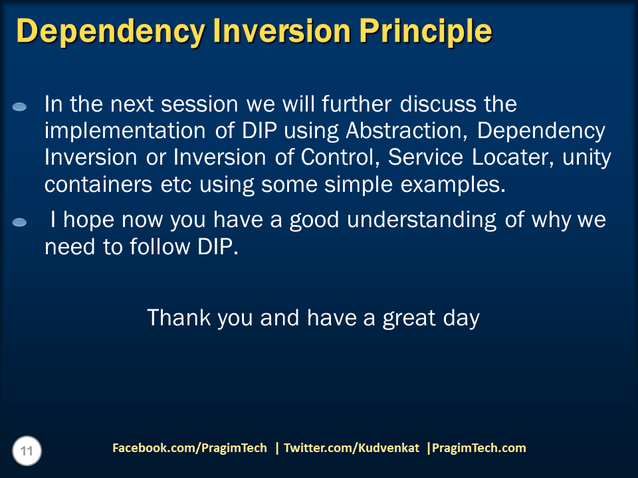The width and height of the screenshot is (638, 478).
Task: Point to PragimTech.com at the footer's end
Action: tap(478, 448)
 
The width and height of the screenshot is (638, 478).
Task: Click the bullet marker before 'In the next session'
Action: tap(20, 107)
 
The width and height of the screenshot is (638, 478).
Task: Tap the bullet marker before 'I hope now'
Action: tap(20, 222)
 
